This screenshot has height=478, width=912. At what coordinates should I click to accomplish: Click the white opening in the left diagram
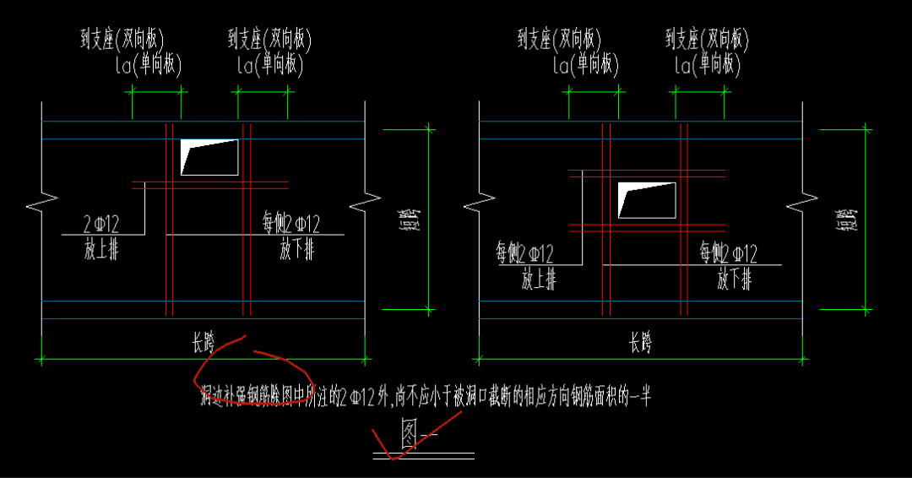(209, 157)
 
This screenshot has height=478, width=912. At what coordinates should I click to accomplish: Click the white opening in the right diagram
(647, 199)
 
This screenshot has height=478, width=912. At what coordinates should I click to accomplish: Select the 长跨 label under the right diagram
(640, 344)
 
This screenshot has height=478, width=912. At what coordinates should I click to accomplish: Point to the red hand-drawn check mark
(397, 448)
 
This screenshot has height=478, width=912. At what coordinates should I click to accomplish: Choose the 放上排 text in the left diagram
(100, 250)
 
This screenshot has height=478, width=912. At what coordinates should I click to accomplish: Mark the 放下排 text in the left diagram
(297, 250)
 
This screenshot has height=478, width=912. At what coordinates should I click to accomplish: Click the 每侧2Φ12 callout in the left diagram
(291, 225)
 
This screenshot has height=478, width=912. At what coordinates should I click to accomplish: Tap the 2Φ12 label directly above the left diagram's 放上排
(101, 225)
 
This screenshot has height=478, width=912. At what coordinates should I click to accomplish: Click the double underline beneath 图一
(423, 455)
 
